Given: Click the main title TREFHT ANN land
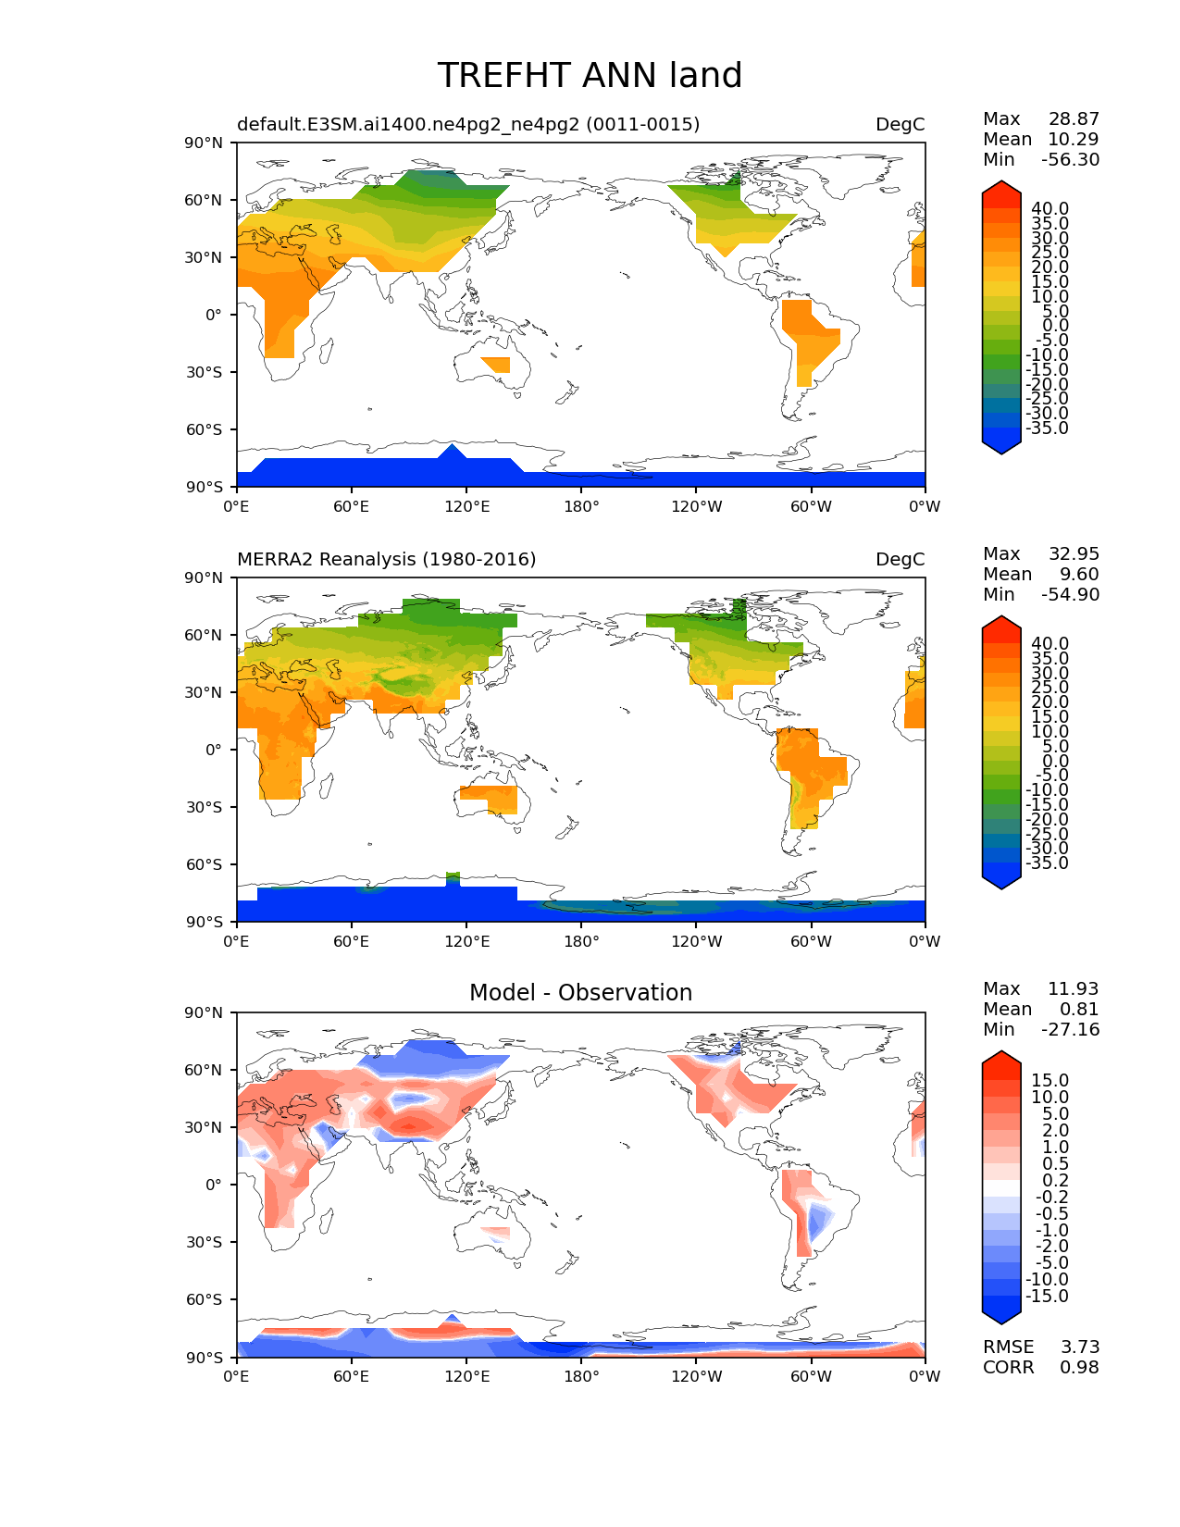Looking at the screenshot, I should pos(590,76).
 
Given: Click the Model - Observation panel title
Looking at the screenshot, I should pos(580,993).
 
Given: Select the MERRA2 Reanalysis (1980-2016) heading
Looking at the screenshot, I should pos(387,559).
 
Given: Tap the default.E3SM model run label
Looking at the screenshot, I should pos(468,124).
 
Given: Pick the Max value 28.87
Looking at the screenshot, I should pos(1074,118).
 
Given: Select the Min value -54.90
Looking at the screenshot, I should pos(1070,594).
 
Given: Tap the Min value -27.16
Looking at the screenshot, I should pos(1070,1029).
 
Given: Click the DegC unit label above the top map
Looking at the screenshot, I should pos(900,124).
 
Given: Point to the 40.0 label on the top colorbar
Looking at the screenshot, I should pos(1050,209).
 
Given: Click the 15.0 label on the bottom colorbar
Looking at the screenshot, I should pos(1050,1081).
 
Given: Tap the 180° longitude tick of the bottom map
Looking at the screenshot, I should pos(581,1376).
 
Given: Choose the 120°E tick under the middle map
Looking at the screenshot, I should pos(466,941).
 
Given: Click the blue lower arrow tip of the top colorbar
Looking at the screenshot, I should pos(1001,449).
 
